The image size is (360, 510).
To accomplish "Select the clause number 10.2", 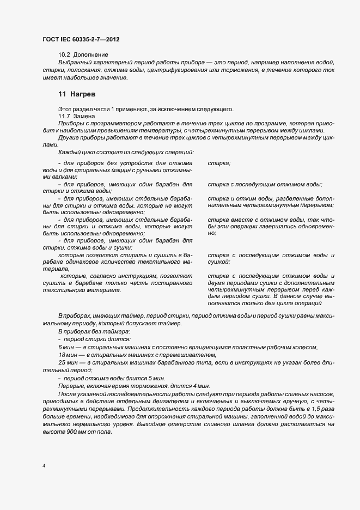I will click(65, 55).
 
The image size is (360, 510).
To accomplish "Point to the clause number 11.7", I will click(65, 116).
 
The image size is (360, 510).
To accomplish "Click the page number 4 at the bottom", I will click(44, 466).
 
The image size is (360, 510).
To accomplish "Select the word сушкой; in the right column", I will click(219, 262).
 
